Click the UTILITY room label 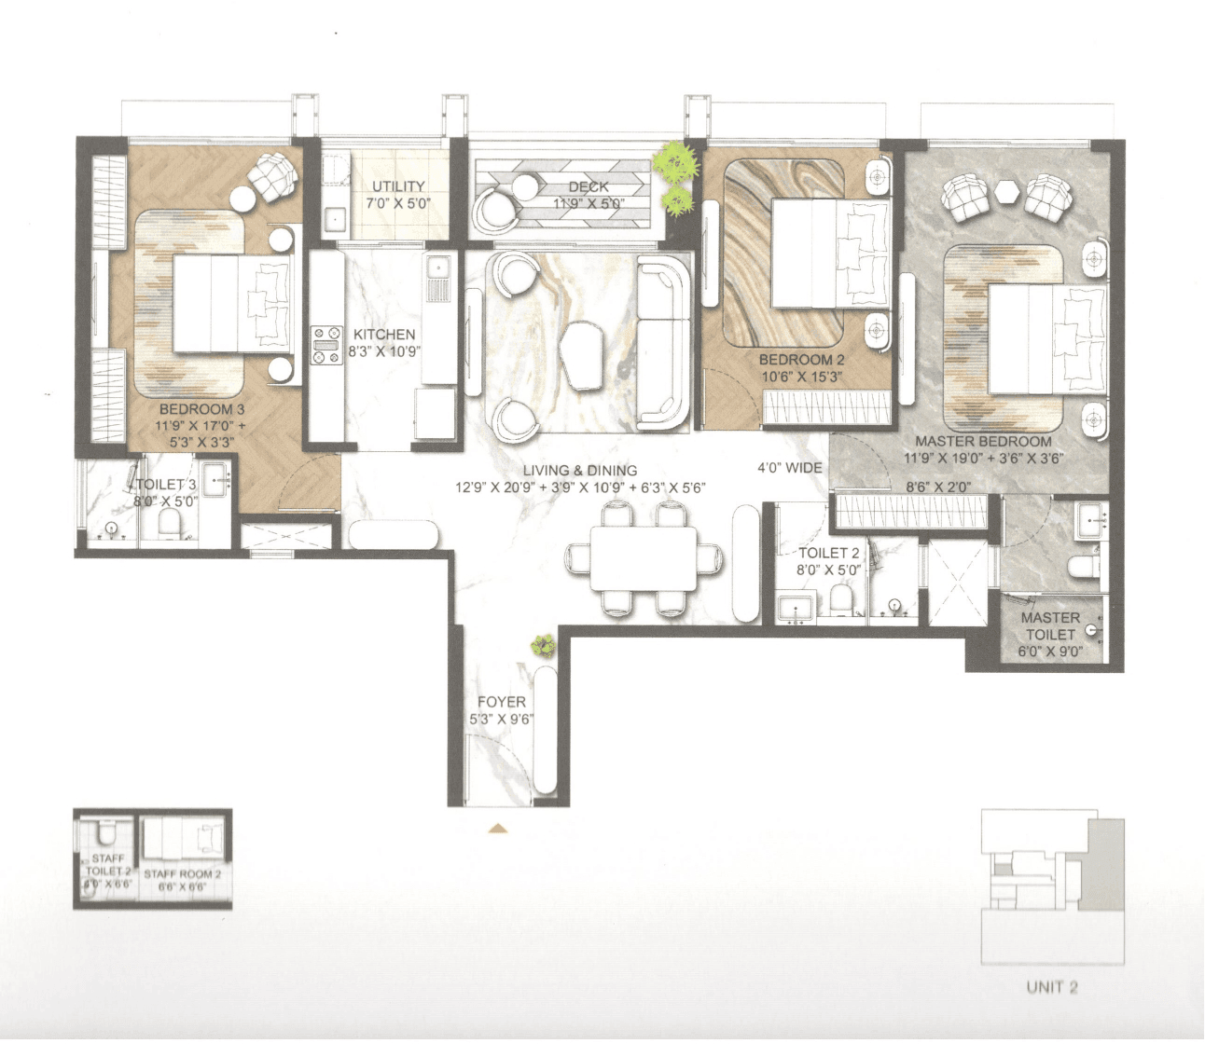tap(398, 186)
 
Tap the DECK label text tap(589, 186)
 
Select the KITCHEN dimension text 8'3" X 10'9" tap(384, 351)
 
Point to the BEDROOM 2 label tap(801, 360)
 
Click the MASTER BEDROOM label tap(983, 441)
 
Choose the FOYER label tap(501, 702)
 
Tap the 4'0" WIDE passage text tap(789, 467)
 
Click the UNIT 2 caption tap(1051, 987)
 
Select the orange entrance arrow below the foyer tap(498, 827)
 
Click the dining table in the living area tap(644, 557)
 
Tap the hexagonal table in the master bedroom tap(1007, 191)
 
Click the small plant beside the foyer tap(542, 644)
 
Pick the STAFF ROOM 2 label tap(183, 874)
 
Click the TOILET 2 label tap(828, 553)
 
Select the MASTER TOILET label tap(1050, 625)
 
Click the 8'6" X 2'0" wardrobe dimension tap(938, 487)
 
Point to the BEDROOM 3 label tap(201, 409)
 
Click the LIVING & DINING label tap(579, 471)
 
